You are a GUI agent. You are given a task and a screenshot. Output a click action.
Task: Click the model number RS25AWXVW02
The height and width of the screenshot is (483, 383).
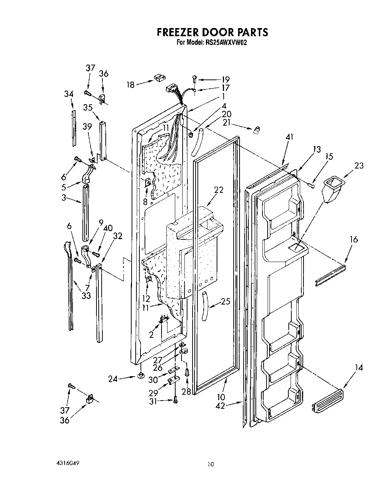pos(225,42)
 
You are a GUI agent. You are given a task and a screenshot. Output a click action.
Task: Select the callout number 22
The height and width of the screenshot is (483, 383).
pos(219,190)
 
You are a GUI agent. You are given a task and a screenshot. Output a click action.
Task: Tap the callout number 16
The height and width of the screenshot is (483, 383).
pos(353,239)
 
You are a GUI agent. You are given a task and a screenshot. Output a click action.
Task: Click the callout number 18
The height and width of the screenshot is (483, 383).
pos(130,85)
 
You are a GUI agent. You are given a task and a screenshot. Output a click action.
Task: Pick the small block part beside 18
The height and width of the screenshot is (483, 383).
pos(159,77)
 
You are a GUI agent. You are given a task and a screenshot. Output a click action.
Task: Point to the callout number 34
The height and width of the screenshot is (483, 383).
pos(68,94)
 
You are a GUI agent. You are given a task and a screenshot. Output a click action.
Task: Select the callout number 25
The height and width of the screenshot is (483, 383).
pos(225,302)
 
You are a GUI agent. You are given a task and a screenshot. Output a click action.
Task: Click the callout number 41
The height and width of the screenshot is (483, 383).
pos(289,137)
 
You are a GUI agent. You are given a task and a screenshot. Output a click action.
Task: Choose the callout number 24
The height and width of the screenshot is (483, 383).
pos(113,378)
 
